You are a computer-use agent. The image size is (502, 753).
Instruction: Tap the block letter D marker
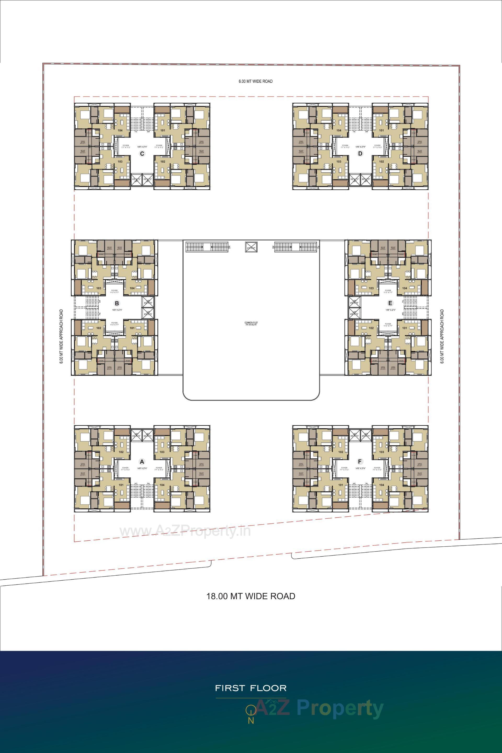click(360, 154)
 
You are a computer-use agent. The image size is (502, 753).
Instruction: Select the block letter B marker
click(117, 303)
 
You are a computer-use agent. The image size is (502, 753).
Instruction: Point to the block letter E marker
click(390, 303)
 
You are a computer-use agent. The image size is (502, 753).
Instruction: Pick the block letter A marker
click(142, 462)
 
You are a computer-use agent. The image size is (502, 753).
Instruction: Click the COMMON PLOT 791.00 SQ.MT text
click(251, 324)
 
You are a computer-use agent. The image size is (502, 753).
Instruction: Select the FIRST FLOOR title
click(251, 688)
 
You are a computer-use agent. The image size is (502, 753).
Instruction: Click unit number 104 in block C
click(120, 130)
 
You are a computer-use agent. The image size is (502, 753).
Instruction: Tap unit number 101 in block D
click(381, 130)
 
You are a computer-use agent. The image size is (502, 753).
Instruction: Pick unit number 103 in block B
click(99, 288)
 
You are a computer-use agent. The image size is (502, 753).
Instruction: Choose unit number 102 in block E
click(371, 328)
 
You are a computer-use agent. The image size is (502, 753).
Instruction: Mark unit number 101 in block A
click(121, 485)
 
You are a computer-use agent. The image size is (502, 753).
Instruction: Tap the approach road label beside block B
click(61, 336)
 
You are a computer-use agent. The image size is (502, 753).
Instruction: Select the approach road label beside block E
click(442, 336)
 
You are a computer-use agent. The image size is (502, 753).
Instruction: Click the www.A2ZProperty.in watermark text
click(185, 531)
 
